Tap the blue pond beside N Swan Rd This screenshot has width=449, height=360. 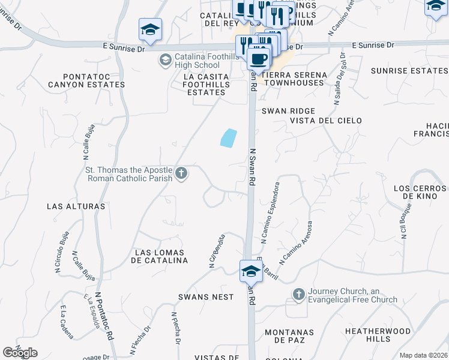pos(228,138)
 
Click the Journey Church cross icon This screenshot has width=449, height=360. pos(298,295)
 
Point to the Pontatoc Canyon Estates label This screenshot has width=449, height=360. pos(95,80)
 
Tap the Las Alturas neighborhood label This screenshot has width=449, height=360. pos(76,206)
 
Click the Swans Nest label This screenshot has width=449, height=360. pos(205,297)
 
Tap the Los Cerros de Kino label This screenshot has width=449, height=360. pos(420,192)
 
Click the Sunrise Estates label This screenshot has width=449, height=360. pos(409,71)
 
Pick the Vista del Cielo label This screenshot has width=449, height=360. pos(326,121)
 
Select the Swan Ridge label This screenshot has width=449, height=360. pos(288,111)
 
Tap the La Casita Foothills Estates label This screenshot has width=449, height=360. pos(206,84)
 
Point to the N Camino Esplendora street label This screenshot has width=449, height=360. pos(269,212)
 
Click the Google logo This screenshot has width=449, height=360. pos(20,353)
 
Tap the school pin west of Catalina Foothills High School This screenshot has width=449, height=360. pos(150,29)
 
